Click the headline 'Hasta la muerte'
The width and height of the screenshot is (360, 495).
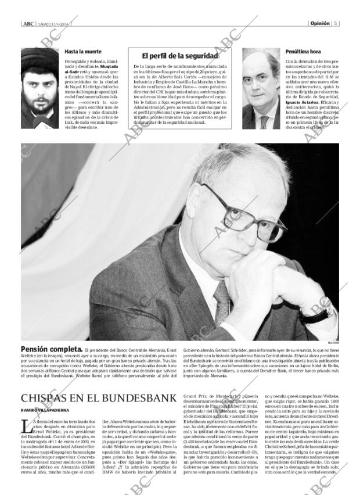(x=81, y=52)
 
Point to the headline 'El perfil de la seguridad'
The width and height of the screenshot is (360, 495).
(x=180, y=56)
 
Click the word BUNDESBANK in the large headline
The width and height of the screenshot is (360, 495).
(x=129, y=398)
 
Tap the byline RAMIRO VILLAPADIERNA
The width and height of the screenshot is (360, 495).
(x=48, y=411)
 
